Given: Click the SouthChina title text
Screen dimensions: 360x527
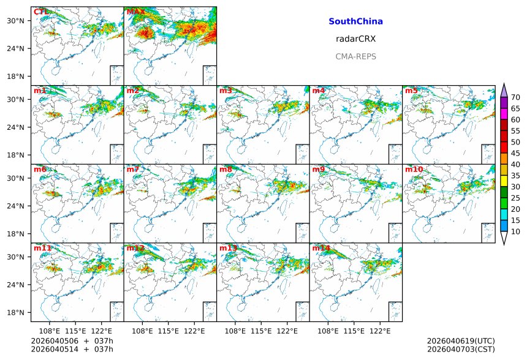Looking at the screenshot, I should click(355, 21).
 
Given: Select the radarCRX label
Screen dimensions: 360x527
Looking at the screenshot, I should click(355, 39).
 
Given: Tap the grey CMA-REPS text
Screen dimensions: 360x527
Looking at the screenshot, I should click(355, 56).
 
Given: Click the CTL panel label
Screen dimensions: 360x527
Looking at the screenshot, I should click(41, 12).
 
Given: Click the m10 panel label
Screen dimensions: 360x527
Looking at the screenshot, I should click(414, 169).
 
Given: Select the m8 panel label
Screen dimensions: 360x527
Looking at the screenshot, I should click(226, 169).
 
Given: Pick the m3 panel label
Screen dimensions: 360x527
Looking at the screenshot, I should click(226, 91).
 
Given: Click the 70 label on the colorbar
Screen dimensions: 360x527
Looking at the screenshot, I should click(515, 97).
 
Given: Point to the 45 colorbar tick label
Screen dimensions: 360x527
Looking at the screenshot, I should click(515, 153).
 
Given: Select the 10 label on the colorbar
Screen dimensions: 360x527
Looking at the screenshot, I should click(515, 231).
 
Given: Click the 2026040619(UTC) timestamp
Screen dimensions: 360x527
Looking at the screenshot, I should click(460, 340).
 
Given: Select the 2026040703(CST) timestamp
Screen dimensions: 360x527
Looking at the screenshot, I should click(460, 349).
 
